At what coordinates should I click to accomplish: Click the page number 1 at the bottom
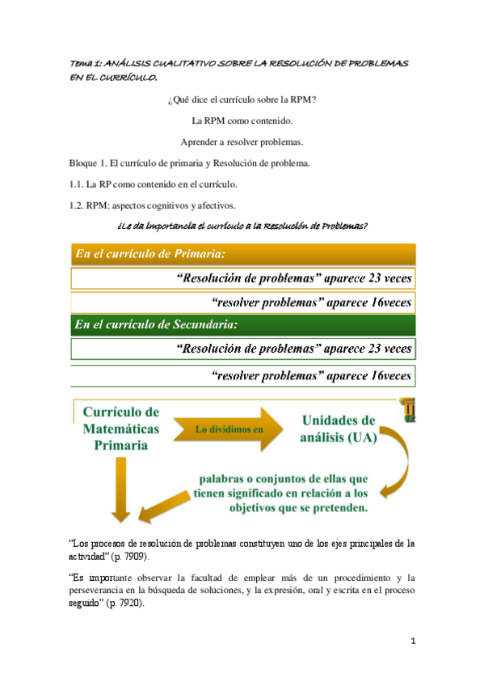(x=412, y=642)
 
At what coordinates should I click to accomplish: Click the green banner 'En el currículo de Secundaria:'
(x=242, y=325)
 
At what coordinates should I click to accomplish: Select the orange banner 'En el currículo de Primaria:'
(x=242, y=254)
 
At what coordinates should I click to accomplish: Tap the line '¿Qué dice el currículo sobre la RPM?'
(x=242, y=100)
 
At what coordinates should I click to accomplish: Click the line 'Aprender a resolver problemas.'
(x=242, y=142)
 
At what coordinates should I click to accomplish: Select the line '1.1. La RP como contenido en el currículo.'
(x=153, y=184)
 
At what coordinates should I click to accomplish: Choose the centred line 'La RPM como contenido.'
(x=242, y=121)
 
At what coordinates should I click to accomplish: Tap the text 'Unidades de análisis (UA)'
(x=339, y=429)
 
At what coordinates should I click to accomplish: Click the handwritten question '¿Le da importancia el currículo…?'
(x=242, y=224)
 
